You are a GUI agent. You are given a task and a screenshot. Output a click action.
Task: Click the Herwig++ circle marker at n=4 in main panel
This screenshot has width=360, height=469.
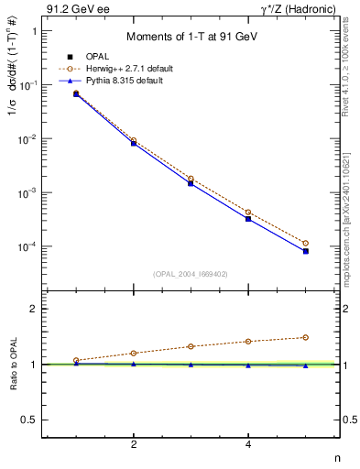click(248, 213)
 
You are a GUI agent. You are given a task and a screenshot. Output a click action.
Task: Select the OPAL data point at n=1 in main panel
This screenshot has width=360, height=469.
click(76, 94)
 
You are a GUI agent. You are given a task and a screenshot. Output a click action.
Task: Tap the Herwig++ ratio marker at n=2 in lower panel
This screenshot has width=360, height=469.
click(134, 353)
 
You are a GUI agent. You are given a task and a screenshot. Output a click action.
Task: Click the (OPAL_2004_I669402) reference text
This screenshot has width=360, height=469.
click(189, 272)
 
